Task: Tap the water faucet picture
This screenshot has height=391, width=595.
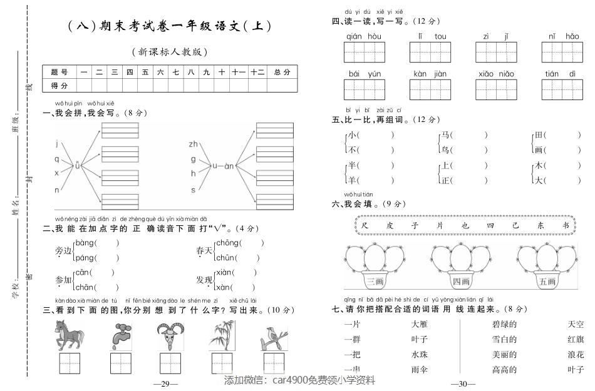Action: (120, 336)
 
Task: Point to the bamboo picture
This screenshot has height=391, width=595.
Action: (221, 336)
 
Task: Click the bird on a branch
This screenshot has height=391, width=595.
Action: (273, 337)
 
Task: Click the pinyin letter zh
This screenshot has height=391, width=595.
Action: (193, 145)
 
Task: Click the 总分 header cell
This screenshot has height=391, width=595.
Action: (282, 72)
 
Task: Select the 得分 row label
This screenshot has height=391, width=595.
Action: (59, 85)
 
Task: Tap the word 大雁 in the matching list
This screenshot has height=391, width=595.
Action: (420, 324)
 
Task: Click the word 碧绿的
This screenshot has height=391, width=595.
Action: (504, 324)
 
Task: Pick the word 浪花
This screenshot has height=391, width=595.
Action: (575, 354)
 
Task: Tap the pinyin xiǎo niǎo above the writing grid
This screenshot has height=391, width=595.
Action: (495, 74)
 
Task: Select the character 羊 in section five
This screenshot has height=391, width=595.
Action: (353, 180)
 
